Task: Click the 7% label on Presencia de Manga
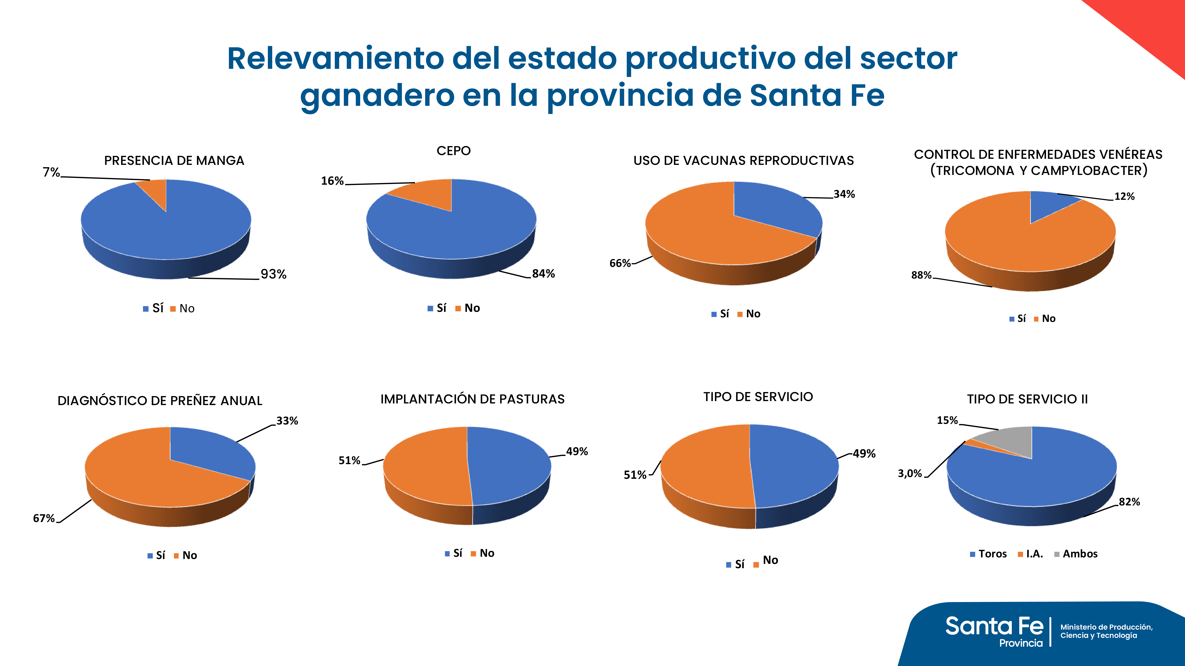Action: (x=51, y=172)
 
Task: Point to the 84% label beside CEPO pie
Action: (x=543, y=274)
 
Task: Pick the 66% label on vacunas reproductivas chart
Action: (x=620, y=263)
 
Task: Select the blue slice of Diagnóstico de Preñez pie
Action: (x=207, y=453)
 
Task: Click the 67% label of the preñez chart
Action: (x=44, y=518)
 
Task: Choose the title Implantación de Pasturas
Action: (x=472, y=399)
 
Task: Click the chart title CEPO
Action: (x=454, y=151)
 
